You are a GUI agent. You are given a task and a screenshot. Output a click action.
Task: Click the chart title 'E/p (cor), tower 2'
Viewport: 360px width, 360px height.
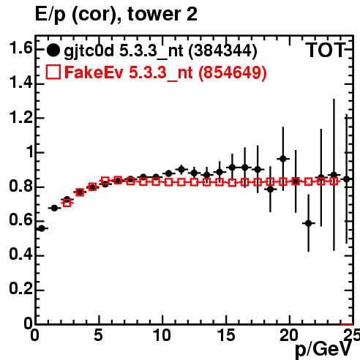(116, 14)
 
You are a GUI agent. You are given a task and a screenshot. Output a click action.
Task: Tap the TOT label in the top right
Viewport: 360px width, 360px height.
(325, 50)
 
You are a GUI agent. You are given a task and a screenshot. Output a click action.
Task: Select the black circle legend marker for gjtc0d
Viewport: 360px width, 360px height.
(53, 50)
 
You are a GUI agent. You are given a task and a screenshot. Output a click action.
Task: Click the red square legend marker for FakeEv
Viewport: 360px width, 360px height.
(53, 72)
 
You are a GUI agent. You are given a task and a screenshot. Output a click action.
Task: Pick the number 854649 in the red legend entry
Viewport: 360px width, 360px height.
(232, 72)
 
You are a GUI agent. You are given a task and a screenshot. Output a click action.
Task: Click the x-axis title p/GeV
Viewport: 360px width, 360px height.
(323, 349)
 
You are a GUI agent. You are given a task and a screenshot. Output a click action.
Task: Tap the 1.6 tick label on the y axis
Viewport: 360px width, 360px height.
(20, 48)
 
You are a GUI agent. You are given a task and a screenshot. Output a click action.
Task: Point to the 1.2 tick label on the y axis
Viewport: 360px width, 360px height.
(20, 117)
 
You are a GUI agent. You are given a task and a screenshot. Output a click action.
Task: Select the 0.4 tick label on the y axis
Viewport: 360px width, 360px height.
(20, 255)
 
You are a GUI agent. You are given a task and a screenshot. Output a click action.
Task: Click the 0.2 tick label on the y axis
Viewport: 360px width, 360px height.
(20, 289)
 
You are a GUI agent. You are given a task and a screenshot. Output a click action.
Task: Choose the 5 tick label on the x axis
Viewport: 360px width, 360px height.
(98, 334)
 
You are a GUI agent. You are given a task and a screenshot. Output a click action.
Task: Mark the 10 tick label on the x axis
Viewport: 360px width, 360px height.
(162, 334)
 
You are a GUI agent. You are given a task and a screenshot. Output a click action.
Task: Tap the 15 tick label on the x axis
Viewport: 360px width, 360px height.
(226, 334)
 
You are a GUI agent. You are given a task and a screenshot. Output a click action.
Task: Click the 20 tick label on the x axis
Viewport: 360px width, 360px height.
(289, 334)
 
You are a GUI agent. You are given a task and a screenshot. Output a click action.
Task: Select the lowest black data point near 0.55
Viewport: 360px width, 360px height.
(42, 228)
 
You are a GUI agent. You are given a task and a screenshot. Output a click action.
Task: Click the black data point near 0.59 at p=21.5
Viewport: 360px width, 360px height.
(309, 223)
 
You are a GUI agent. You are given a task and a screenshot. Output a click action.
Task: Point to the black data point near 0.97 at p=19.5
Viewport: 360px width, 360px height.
(283, 159)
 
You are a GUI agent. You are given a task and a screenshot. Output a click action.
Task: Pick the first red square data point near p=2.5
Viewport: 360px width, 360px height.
(67, 203)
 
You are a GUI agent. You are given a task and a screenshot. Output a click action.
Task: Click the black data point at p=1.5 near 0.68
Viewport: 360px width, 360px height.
(54, 208)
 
